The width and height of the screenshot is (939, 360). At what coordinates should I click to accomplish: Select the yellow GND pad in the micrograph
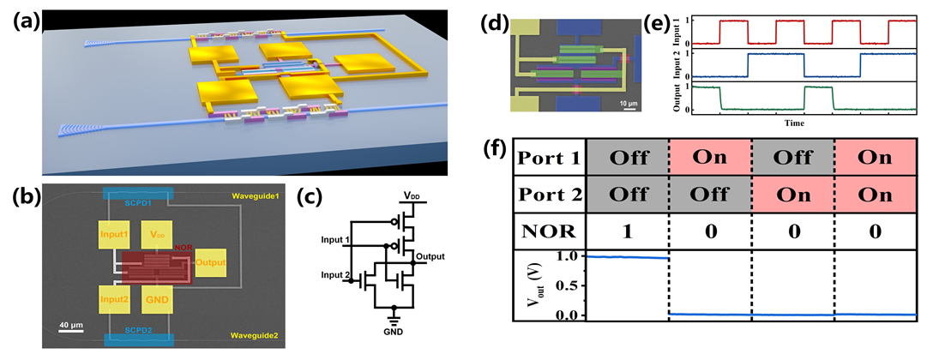[x=157, y=299]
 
